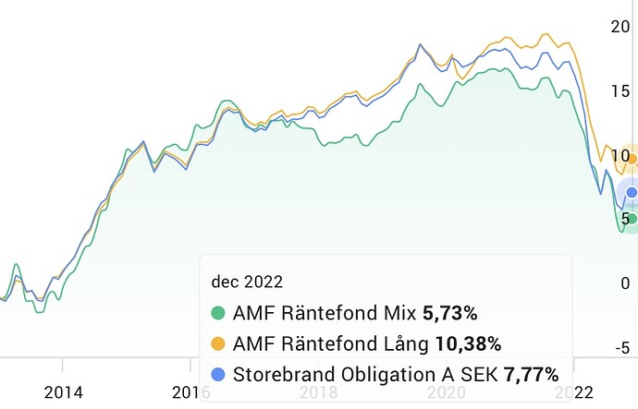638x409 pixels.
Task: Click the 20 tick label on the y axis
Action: pyautogui.click(x=620, y=26)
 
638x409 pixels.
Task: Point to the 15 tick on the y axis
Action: pyautogui.click(x=620, y=90)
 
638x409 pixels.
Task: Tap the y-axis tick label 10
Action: pyautogui.click(x=620, y=154)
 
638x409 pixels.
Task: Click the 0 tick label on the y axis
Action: pyautogui.click(x=625, y=283)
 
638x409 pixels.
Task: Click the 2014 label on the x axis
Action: pyautogui.click(x=62, y=392)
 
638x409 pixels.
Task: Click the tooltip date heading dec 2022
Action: pyautogui.click(x=247, y=281)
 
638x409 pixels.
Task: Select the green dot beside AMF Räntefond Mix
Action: pyautogui.click(x=219, y=313)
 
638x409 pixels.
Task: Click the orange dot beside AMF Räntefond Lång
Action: pyautogui.click(x=219, y=344)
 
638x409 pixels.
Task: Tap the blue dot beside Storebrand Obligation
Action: pyautogui.click(x=219, y=375)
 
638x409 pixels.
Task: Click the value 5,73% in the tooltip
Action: pyautogui.click(x=450, y=313)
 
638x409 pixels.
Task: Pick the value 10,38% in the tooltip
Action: pyautogui.click(x=468, y=344)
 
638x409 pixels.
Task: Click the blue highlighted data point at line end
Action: pyautogui.click(x=632, y=193)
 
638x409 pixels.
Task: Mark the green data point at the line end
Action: pyautogui.click(x=632, y=219)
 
